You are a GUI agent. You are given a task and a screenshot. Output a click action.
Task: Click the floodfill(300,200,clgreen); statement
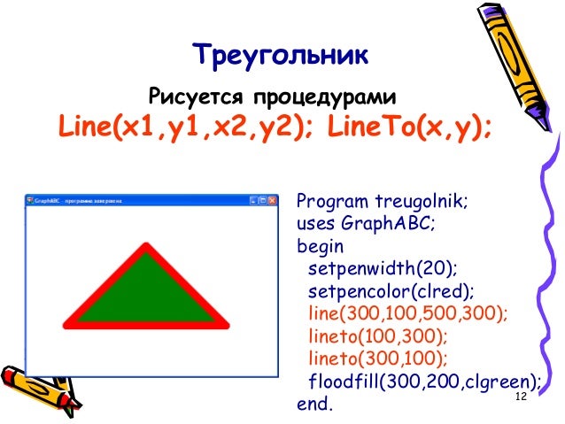point(424,382)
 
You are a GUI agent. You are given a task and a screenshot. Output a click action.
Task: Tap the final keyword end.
point(316,405)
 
